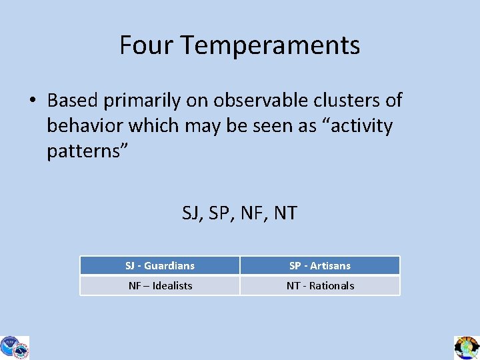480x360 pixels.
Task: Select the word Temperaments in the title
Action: (270, 45)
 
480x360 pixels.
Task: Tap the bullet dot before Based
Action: (32, 101)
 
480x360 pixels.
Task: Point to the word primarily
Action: (142, 101)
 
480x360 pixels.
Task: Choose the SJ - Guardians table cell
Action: (160, 265)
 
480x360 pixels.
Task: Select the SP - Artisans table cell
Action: (320, 265)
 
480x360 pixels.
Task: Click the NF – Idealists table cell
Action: (160, 285)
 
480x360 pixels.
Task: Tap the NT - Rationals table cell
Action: (320, 285)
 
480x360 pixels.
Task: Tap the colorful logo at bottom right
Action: (467, 347)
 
